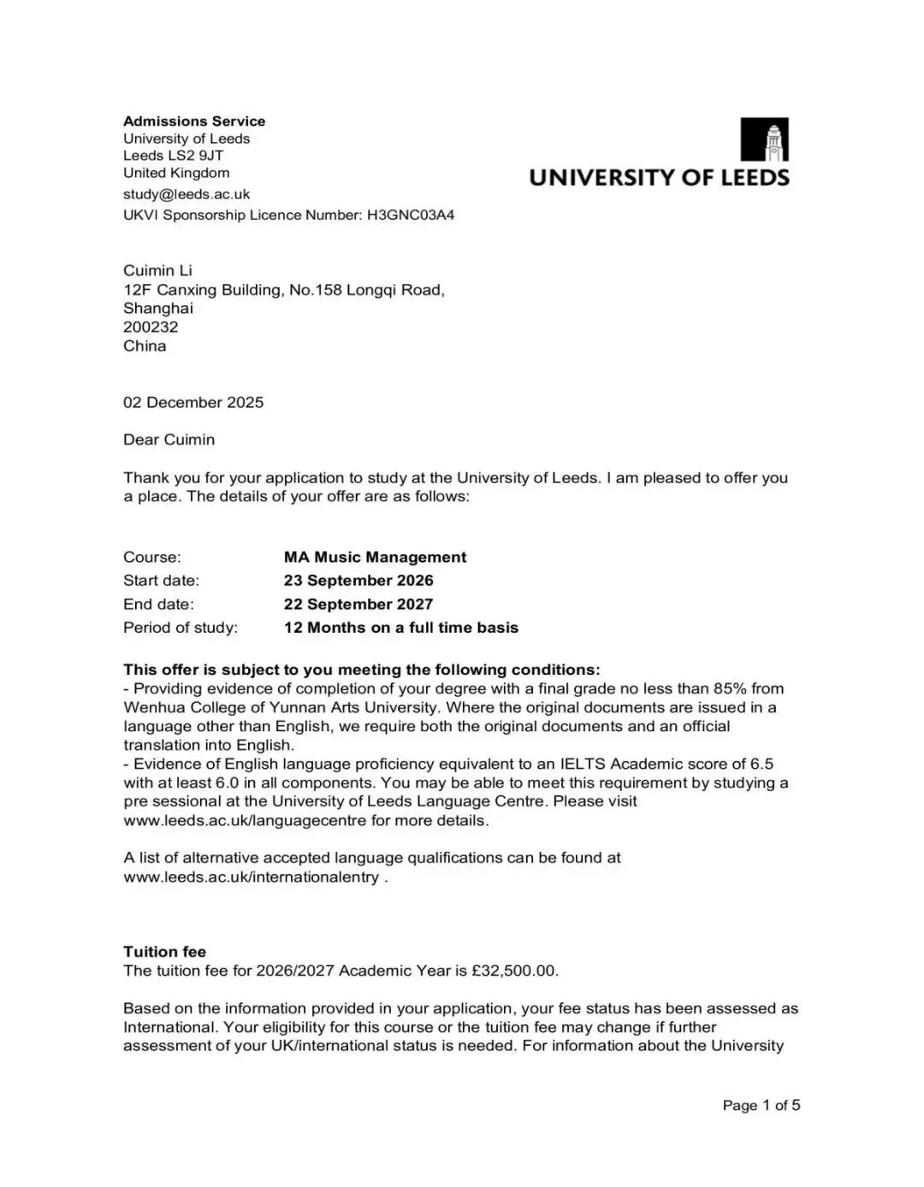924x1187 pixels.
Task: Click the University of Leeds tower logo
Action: click(x=764, y=139)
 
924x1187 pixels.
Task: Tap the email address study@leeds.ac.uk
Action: click(x=187, y=194)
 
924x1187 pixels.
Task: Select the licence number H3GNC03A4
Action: click(x=411, y=215)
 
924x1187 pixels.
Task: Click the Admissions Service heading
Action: click(x=194, y=121)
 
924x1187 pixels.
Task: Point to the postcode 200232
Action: click(x=151, y=327)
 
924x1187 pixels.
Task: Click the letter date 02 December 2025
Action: click(x=193, y=402)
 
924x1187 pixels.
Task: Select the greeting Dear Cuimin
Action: click(x=169, y=440)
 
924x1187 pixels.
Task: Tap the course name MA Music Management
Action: click(x=375, y=558)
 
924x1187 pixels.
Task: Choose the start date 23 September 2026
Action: click(x=358, y=581)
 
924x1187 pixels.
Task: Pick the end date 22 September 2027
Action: click(x=358, y=605)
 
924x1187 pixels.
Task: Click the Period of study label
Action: click(x=181, y=628)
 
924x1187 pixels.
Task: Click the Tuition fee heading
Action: click(x=164, y=952)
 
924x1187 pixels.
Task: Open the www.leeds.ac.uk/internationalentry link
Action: click(x=251, y=877)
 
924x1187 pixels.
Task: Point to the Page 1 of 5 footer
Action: click(x=761, y=1105)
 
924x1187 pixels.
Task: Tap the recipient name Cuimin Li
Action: click(x=157, y=270)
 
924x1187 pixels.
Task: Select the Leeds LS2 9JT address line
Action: click(x=173, y=156)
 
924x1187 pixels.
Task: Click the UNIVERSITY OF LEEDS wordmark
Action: click(x=659, y=178)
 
